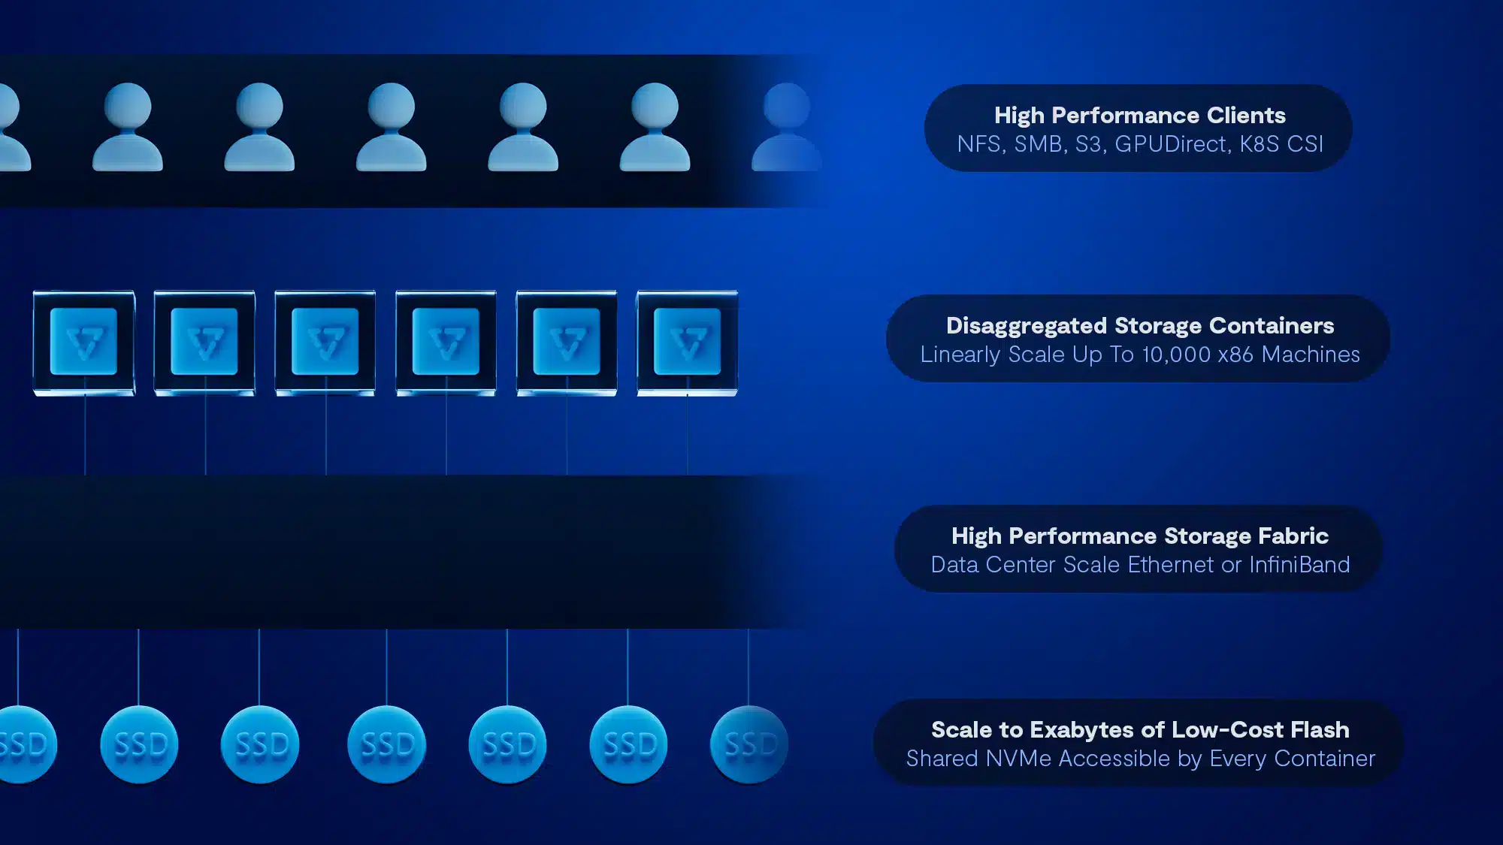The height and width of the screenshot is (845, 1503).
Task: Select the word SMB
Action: (1038, 143)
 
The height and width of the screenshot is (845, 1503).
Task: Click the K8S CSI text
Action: (1281, 143)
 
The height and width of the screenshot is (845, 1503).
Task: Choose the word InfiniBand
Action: (1299, 564)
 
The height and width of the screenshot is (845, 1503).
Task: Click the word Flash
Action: (1320, 729)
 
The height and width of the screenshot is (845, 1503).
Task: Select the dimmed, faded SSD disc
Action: (749, 744)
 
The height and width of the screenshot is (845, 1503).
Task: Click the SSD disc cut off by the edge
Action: (26, 744)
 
